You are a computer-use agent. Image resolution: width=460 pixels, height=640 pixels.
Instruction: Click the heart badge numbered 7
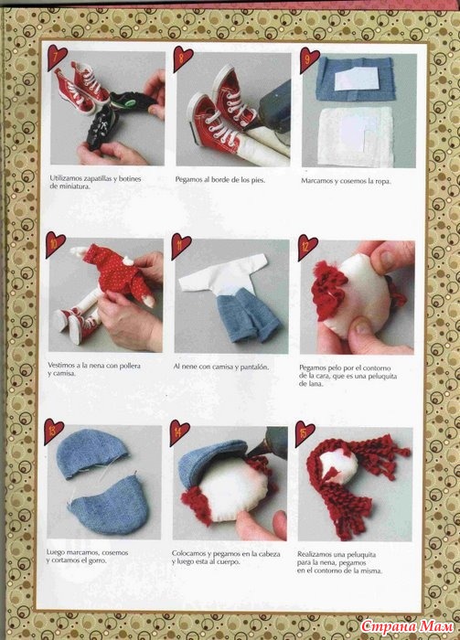57,57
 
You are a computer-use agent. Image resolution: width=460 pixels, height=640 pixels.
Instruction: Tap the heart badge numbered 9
308,59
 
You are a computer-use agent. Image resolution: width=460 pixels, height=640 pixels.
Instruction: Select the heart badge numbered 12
306,246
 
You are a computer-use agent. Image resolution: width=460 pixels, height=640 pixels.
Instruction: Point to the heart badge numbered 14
178,432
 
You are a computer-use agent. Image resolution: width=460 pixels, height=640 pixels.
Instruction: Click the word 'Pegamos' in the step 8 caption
187,179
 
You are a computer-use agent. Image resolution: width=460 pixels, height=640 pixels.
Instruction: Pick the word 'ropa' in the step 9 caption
381,181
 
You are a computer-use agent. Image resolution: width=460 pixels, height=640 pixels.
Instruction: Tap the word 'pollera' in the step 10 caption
128,366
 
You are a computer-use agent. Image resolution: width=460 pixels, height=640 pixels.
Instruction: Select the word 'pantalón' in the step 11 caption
255,367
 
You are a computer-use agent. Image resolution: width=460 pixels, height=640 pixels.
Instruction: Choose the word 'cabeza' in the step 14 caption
270,554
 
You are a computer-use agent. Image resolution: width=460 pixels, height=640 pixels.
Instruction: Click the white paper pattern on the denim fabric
357,79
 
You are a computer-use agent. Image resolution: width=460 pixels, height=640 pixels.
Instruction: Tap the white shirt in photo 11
221,273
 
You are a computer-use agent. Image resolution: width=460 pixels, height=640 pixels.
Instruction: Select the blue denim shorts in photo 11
247,313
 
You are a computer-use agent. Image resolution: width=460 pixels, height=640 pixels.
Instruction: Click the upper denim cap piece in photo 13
91,452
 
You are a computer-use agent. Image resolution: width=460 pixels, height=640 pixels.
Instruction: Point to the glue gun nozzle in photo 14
255,450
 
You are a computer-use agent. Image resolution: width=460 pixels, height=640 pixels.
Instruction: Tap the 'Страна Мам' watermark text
407,625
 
